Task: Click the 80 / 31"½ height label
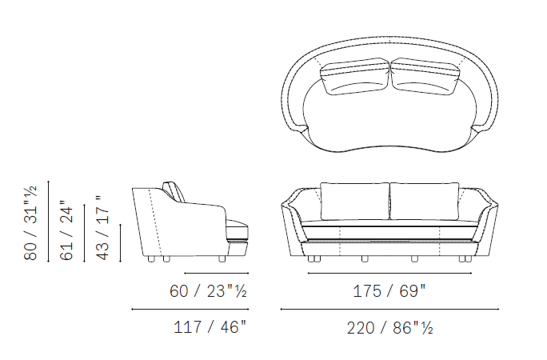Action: click(30, 223)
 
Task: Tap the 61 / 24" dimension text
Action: click(66, 230)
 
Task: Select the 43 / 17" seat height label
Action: click(102, 228)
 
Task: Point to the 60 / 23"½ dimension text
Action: click(208, 291)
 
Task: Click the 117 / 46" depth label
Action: click(210, 327)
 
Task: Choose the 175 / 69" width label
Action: click(389, 291)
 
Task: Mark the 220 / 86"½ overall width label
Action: click(389, 328)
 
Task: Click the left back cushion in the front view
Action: click(355, 202)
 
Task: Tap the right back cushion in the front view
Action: click(424, 202)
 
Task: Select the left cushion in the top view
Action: click(355, 76)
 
